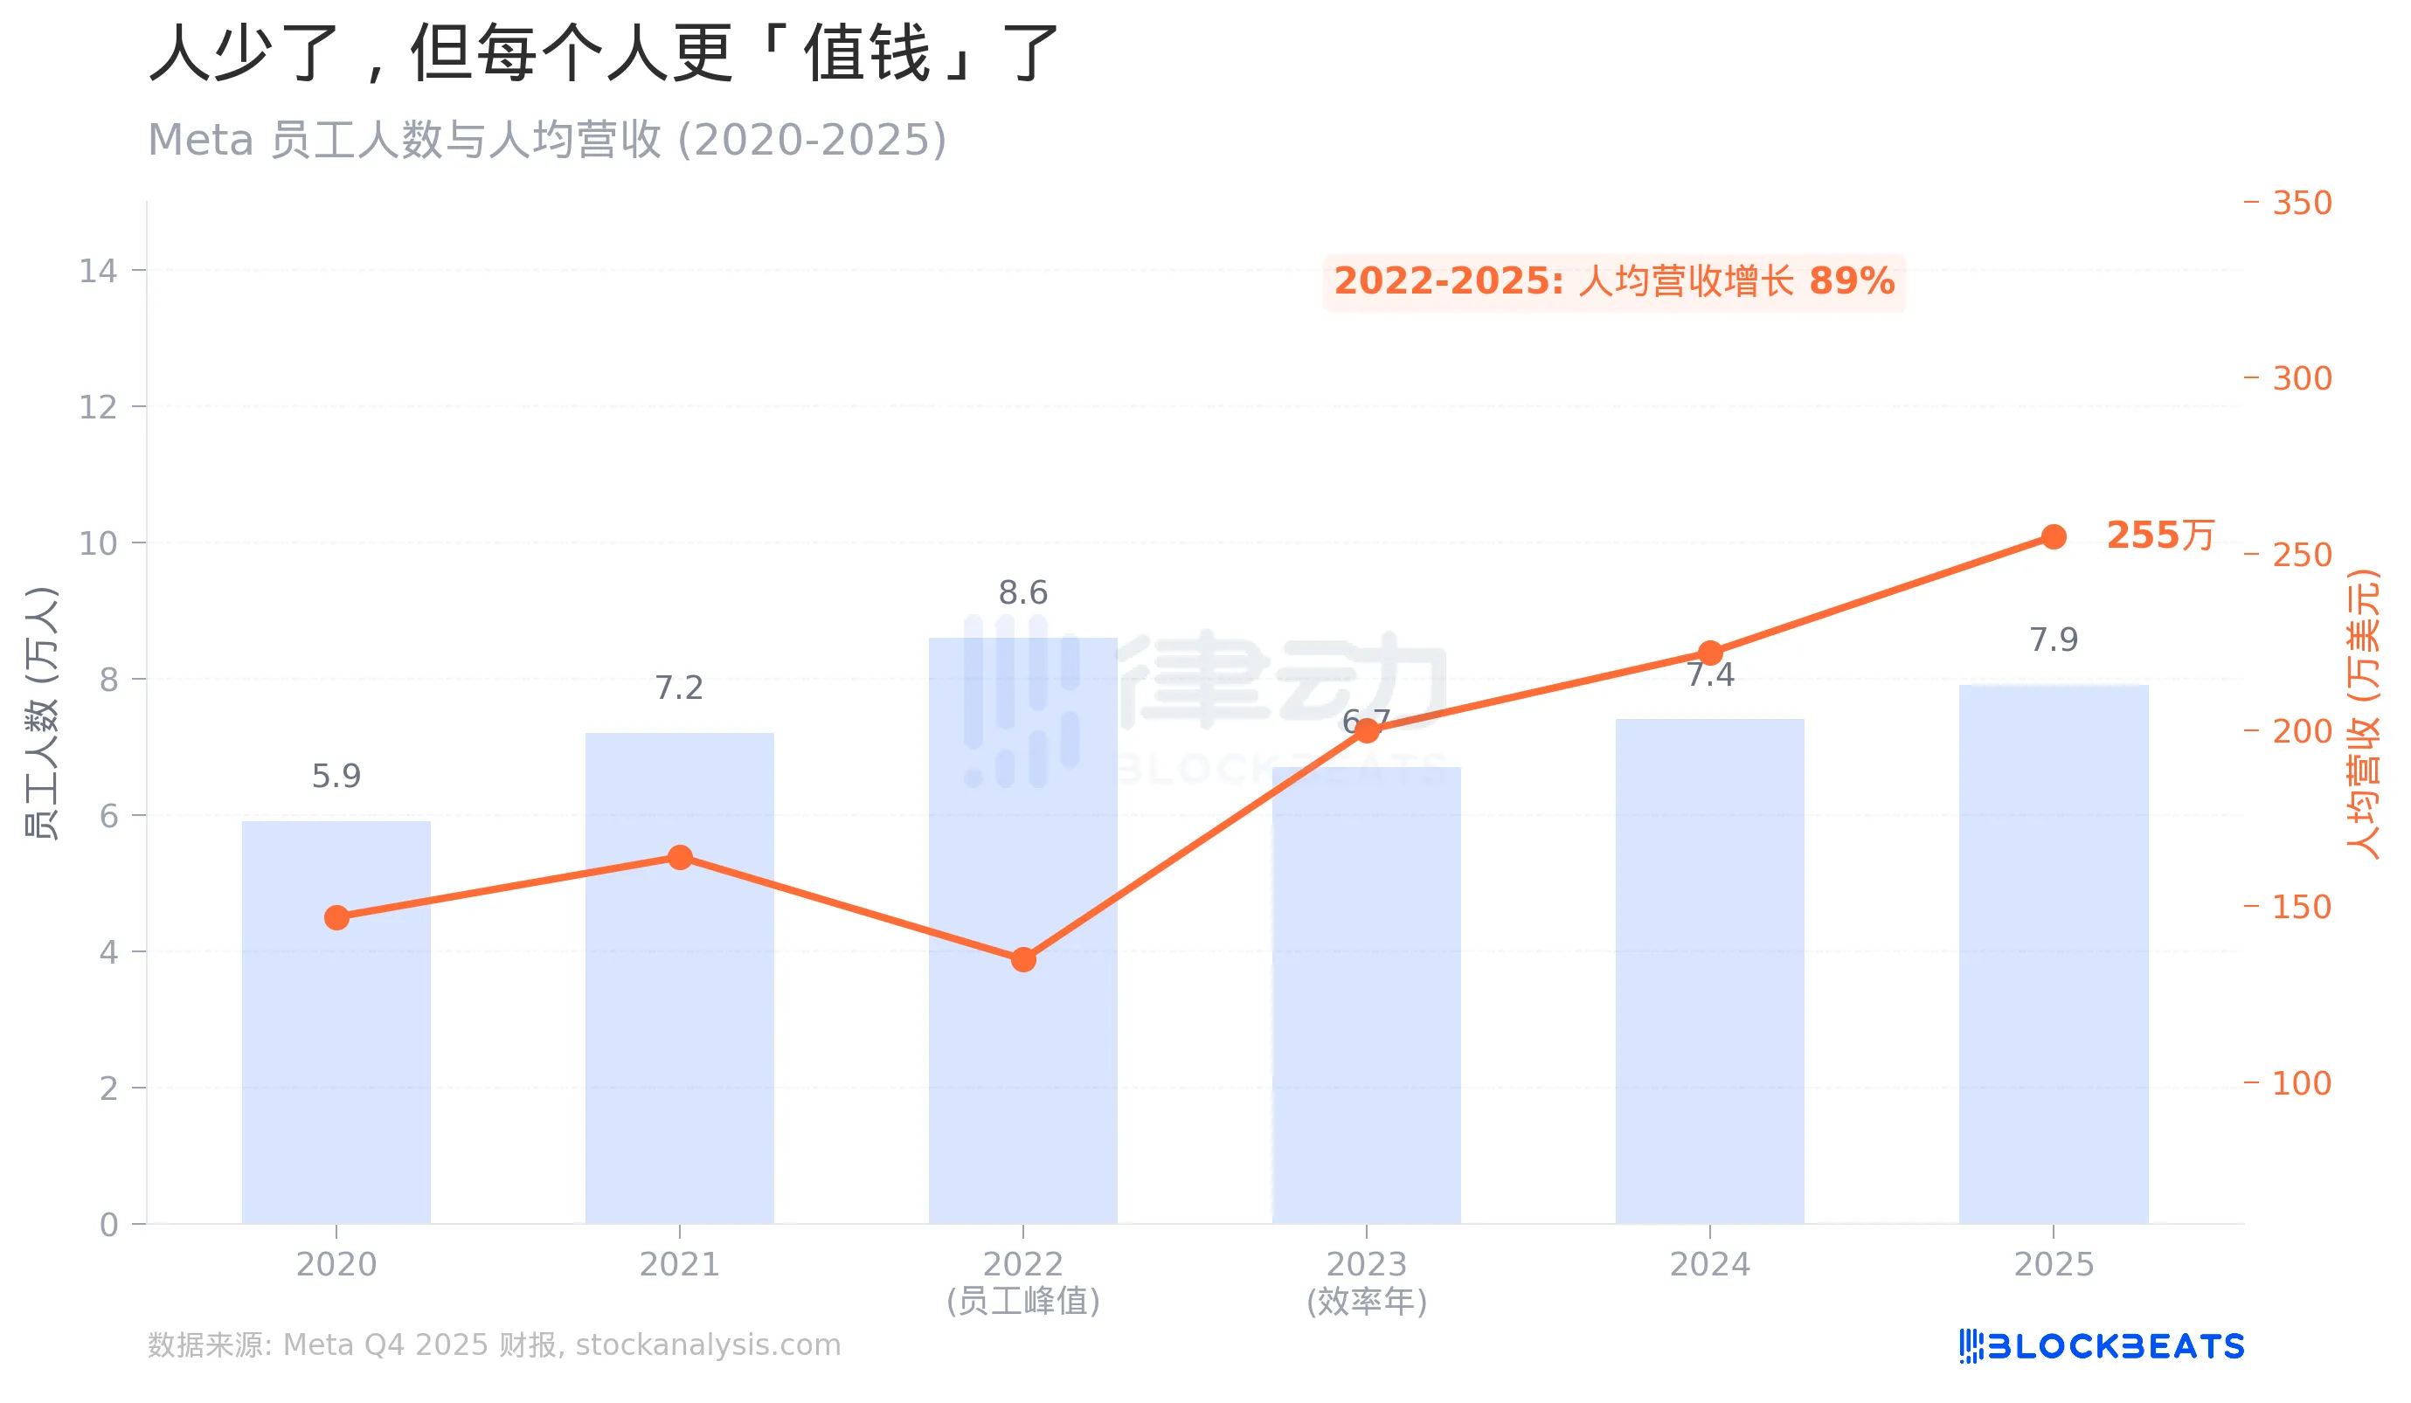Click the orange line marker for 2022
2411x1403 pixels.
(x=1023, y=959)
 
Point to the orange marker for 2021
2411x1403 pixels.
(x=680, y=857)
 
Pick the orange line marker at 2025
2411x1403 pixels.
(x=2054, y=536)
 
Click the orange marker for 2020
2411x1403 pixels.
(x=336, y=918)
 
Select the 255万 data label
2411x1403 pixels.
(x=2160, y=536)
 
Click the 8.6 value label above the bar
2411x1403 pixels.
(x=1022, y=593)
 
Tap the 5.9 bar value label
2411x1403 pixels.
(x=336, y=777)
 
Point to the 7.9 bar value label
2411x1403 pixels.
(x=2054, y=639)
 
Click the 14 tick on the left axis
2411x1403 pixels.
(x=98, y=272)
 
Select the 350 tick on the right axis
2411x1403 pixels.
(x=2302, y=203)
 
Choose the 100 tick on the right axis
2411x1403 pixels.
(x=2302, y=1083)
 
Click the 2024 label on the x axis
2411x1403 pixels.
(x=1709, y=1264)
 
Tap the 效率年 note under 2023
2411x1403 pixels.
(x=1366, y=1302)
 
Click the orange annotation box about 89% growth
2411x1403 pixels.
(x=1614, y=282)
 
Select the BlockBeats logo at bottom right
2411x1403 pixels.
(x=2101, y=1346)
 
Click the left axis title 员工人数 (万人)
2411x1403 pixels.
(x=41, y=713)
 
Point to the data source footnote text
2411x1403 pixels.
(x=494, y=1345)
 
